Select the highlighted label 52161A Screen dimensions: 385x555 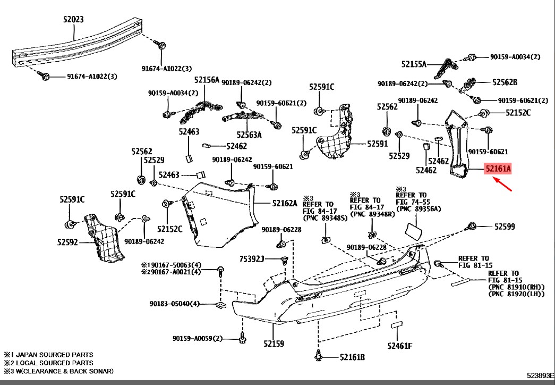pos(498,169)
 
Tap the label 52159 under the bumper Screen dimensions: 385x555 pos(274,344)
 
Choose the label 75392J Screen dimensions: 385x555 pos(252,259)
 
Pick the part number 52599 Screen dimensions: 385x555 pos(505,227)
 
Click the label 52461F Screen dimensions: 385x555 pos(399,346)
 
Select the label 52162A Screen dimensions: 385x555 pos(285,203)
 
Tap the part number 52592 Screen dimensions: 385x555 pos(69,242)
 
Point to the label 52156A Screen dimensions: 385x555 pos(207,80)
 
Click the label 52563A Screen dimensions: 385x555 pos(249,135)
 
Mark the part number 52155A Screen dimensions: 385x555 pos(414,64)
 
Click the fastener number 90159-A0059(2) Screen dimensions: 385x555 pos(197,339)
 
